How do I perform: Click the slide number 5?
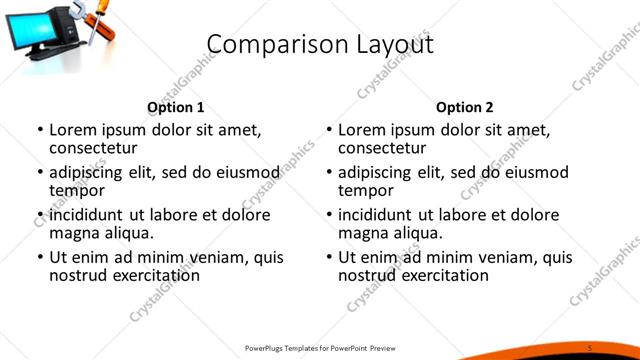tap(590, 347)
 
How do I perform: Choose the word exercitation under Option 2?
tap(440, 275)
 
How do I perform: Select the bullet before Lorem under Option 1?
tap(40, 131)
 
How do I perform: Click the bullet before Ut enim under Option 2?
tap(329, 257)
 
